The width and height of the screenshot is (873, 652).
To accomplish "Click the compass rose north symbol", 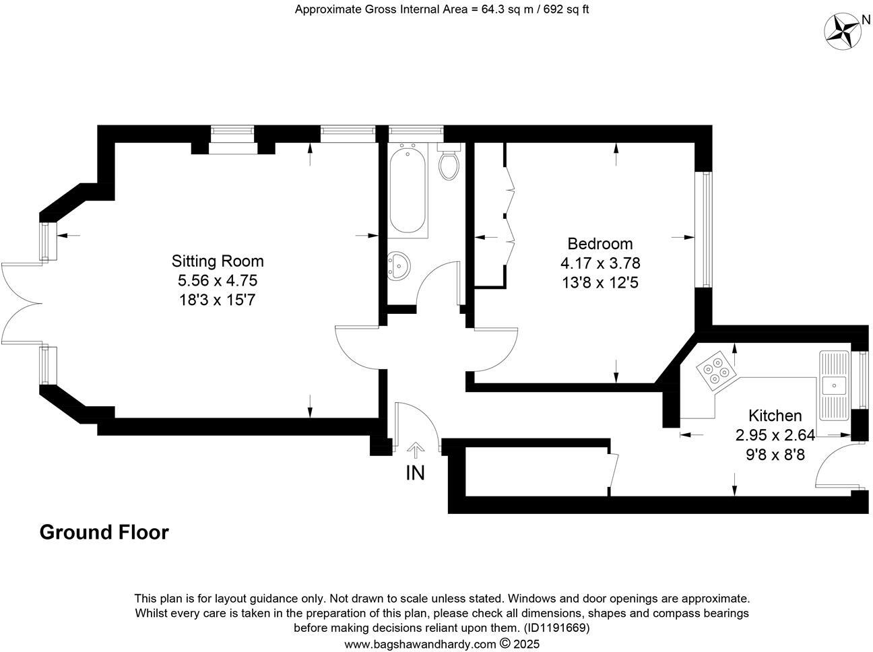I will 843,31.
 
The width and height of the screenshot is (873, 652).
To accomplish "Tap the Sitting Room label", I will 218,261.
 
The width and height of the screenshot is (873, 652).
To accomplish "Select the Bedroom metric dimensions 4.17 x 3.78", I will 600,263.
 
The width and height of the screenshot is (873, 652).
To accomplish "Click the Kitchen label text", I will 775,416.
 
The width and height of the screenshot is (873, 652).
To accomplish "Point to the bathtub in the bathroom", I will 408,192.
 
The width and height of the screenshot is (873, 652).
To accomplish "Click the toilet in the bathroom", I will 449,163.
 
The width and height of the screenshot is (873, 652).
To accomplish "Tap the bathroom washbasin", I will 399,266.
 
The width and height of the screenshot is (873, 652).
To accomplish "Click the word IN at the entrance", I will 415,474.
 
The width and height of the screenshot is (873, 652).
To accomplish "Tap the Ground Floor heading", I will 104,532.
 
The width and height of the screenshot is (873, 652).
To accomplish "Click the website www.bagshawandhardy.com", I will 420,644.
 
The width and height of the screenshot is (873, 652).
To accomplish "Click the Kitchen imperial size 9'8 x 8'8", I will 775,455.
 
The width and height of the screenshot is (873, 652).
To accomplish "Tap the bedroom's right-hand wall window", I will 705,230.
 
